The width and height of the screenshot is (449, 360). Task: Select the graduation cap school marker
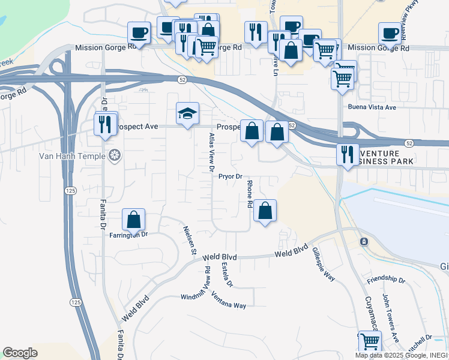tap(187, 113)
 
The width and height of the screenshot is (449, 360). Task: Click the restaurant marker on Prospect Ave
tap(104, 124)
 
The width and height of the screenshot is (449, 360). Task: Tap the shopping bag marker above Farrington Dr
tap(134, 219)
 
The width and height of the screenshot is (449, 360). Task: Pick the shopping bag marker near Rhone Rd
tap(265, 211)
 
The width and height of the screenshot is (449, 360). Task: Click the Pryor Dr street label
tap(230, 176)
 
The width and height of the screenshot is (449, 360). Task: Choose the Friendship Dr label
tap(386, 280)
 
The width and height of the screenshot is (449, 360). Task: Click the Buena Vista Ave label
tap(373, 107)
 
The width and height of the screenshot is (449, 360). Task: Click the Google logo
tap(20, 352)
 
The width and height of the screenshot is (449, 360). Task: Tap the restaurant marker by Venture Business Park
tap(348, 154)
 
